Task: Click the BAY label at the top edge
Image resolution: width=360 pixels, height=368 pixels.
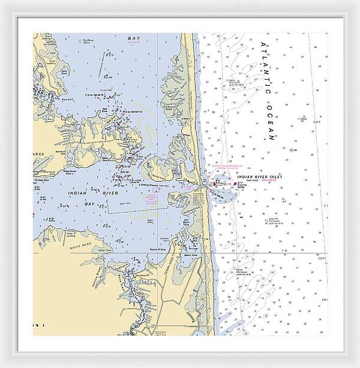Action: coord(133,38)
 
